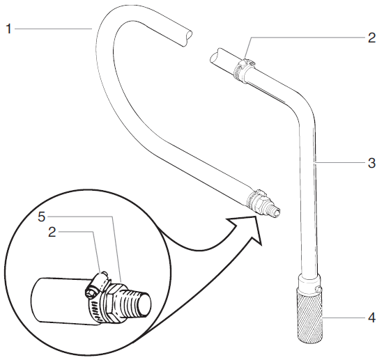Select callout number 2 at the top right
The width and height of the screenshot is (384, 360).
(x=371, y=38)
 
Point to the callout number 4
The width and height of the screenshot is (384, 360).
(x=371, y=321)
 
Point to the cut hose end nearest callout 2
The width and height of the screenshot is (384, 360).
(x=217, y=54)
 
